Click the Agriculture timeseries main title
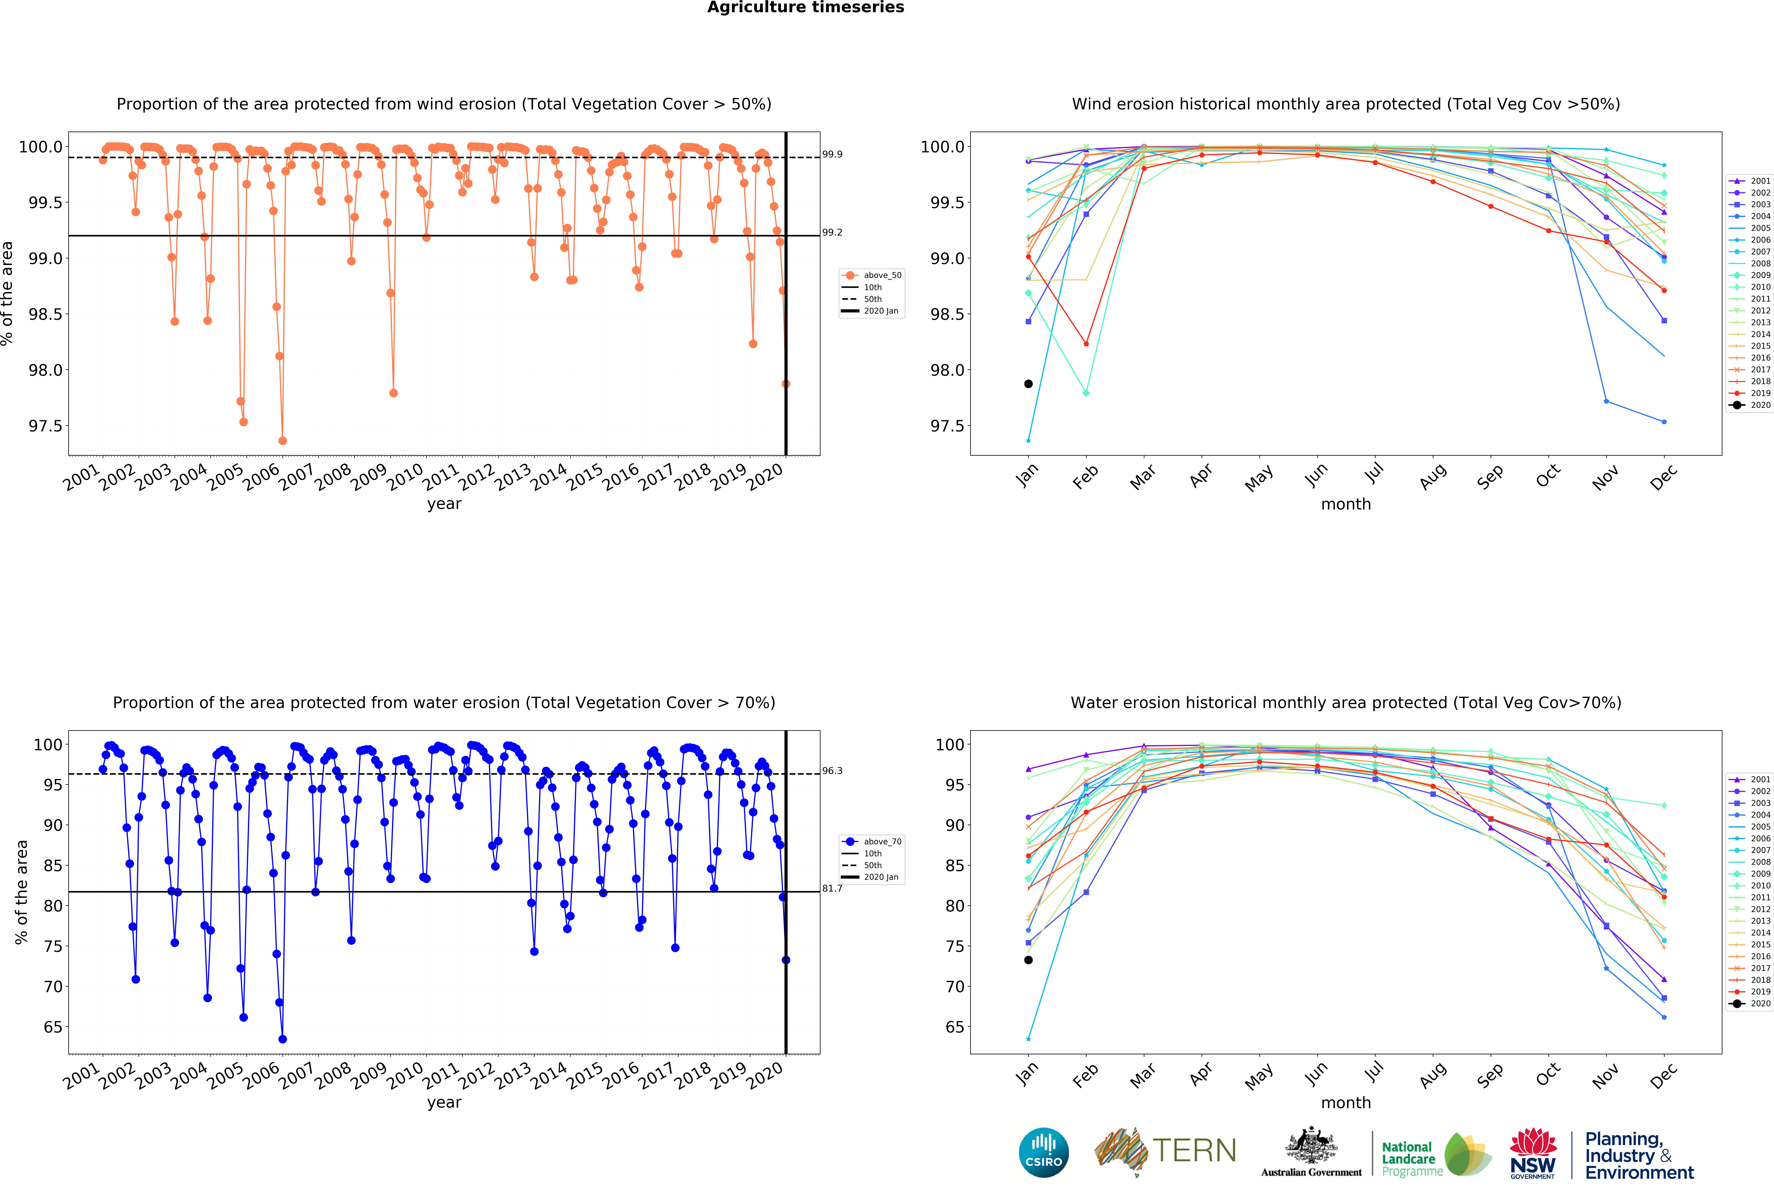(x=805, y=8)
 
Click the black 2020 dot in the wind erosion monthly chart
(x=1028, y=384)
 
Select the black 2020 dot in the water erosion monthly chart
(x=1028, y=960)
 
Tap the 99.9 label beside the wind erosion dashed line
(x=832, y=154)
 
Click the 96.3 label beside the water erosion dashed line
(x=832, y=771)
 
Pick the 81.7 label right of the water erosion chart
(x=832, y=888)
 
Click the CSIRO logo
(x=1043, y=1152)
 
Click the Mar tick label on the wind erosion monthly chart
(x=1143, y=477)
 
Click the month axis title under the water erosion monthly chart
(x=1346, y=1103)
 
